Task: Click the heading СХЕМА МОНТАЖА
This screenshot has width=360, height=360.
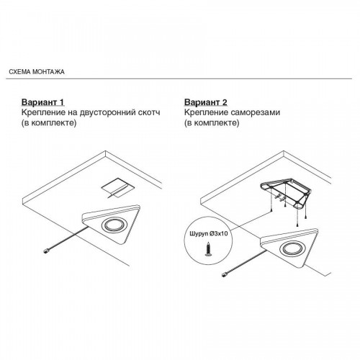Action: click(37, 72)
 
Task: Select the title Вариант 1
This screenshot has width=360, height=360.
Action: click(43, 102)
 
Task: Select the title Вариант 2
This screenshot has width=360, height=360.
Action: click(206, 102)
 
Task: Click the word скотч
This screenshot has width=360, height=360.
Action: click(150, 112)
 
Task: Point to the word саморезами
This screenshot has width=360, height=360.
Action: click(256, 113)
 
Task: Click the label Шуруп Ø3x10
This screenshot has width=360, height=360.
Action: click(208, 234)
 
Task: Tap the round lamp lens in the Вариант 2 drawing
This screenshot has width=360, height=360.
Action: click(290, 249)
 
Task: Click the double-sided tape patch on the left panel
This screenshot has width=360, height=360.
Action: click(117, 188)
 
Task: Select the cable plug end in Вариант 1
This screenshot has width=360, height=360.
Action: click(45, 251)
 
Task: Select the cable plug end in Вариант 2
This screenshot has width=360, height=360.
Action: click(224, 274)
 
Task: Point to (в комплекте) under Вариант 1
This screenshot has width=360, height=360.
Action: click(49, 123)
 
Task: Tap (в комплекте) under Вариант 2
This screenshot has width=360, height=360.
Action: click(212, 123)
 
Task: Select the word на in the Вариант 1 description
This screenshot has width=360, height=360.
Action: click(73, 113)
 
